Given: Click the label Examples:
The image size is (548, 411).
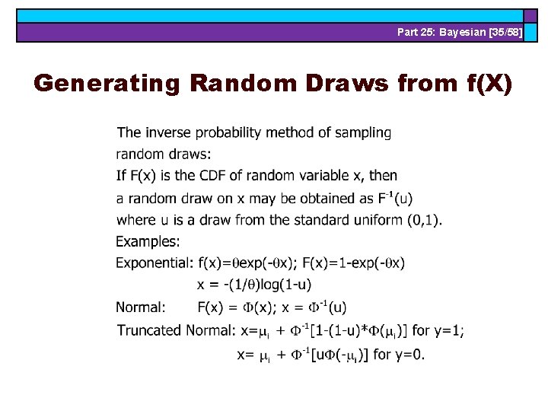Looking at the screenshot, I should point(148,242).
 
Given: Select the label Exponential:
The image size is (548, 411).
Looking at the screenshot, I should point(155,263).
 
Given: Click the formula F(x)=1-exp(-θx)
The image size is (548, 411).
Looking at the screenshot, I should point(354,263).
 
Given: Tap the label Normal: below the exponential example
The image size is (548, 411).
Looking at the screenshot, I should point(141,307).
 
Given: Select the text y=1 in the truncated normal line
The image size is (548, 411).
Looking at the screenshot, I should point(447,331).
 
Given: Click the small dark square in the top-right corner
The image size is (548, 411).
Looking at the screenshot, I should point(530,15).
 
